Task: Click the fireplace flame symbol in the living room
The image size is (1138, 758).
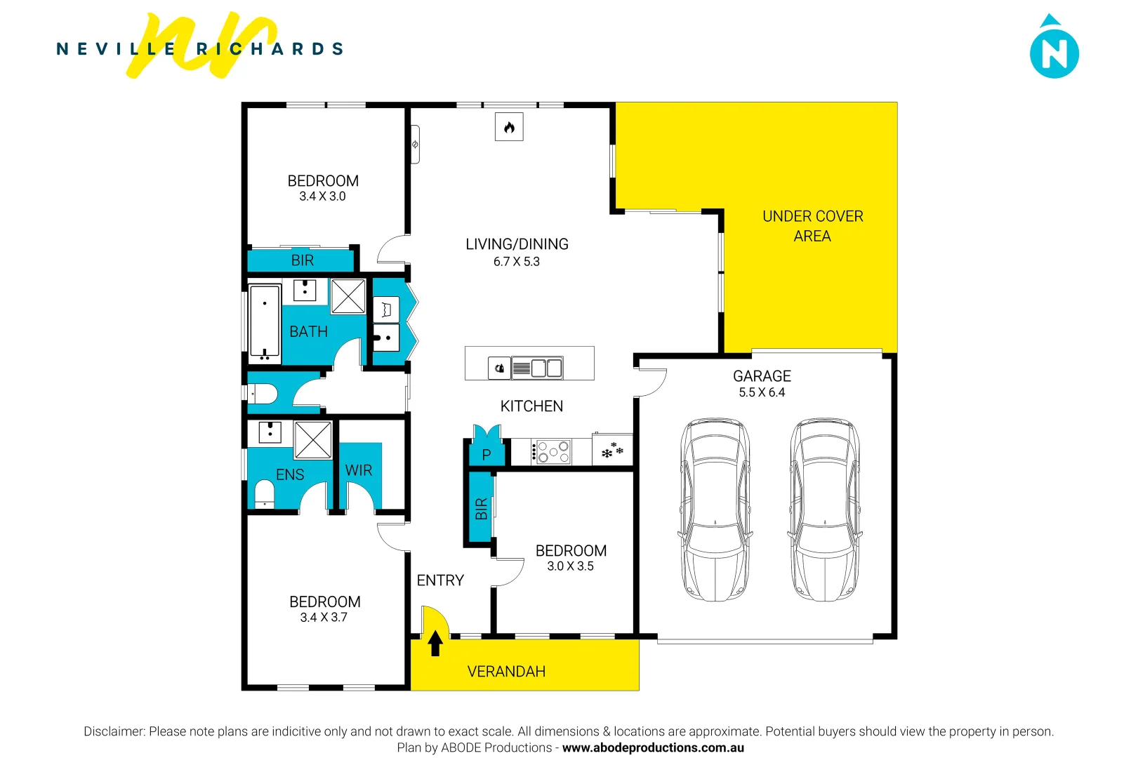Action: (x=509, y=128)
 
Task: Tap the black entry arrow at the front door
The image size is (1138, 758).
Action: (x=435, y=643)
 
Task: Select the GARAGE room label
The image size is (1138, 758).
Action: (x=762, y=376)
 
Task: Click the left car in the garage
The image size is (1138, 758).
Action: (x=715, y=510)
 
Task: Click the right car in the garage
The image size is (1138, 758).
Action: (x=824, y=510)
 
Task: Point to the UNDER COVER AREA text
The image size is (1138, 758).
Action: (x=812, y=226)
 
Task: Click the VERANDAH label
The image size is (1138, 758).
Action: (x=506, y=672)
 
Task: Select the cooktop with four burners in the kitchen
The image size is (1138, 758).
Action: (x=553, y=452)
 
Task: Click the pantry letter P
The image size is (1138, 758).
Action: (x=486, y=456)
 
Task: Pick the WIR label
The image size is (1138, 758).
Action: (x=359, y=470)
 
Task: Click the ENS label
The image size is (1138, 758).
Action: (x=290, y=475)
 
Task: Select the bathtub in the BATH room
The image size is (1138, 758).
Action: (x=265, y=324)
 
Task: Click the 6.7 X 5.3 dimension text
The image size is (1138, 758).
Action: (x=516, y=262)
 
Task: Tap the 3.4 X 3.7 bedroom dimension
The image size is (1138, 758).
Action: (x=324, y=618)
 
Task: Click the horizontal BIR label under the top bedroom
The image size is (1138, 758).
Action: (x=302, y=260)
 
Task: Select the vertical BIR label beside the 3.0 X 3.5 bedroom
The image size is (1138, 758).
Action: (x=481, y=509)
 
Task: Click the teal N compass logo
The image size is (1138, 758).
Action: (x=1054, y=51)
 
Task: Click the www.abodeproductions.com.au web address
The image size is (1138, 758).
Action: (x=653, y=747)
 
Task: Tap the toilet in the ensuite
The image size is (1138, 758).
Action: (x=264, y=493)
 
